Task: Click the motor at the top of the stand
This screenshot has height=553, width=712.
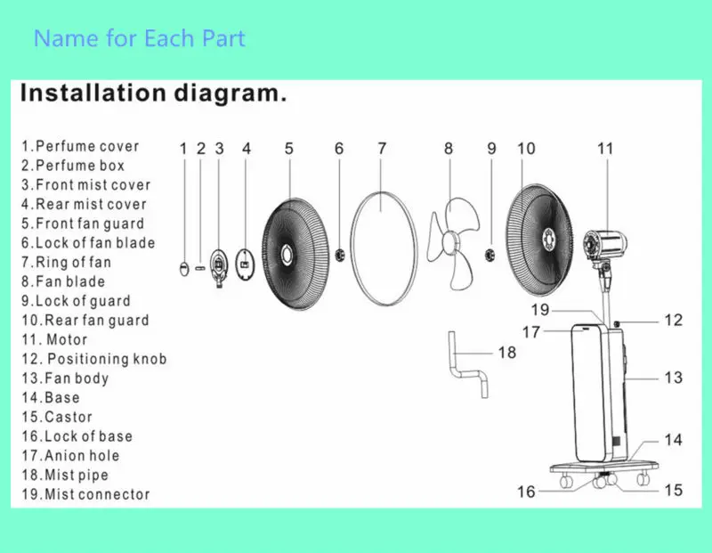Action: (x=604, y=244)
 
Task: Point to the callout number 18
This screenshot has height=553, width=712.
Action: (x=506, y=353)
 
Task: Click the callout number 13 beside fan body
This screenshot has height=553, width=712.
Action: (x=673, y=378)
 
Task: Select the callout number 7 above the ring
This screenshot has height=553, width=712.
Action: (x=382, y=149)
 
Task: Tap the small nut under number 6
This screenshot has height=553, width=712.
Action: (x=339, y=256)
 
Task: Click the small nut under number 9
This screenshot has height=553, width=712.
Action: (x=490, y=256)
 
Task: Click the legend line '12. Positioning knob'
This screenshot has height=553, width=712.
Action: (x=94, y=359)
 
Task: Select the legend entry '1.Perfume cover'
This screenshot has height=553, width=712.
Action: (x=80, y=146)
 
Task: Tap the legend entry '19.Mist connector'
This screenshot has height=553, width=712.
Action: (x=85, y=494)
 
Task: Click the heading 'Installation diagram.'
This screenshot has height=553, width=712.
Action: (x=153, y=94)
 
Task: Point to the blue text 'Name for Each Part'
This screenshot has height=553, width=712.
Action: (x=140, y=39)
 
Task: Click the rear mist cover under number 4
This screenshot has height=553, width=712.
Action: (x=247, y=263)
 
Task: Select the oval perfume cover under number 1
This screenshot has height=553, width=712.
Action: (x=183, y=265)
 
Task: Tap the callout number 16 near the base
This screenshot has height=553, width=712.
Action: (x=527, y=491)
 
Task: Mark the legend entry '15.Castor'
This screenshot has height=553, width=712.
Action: (x=57, y=417)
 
